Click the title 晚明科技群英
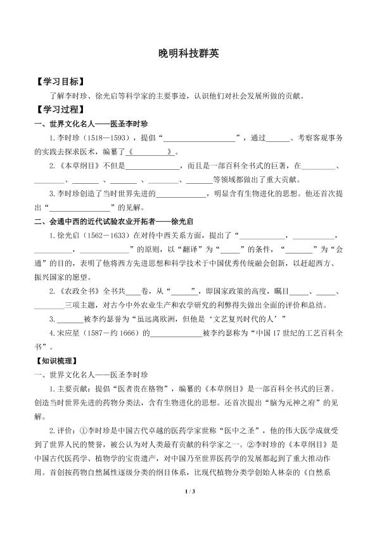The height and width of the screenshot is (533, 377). [x=188, y=55]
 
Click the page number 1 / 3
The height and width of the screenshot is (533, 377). [x=188, y=507]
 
